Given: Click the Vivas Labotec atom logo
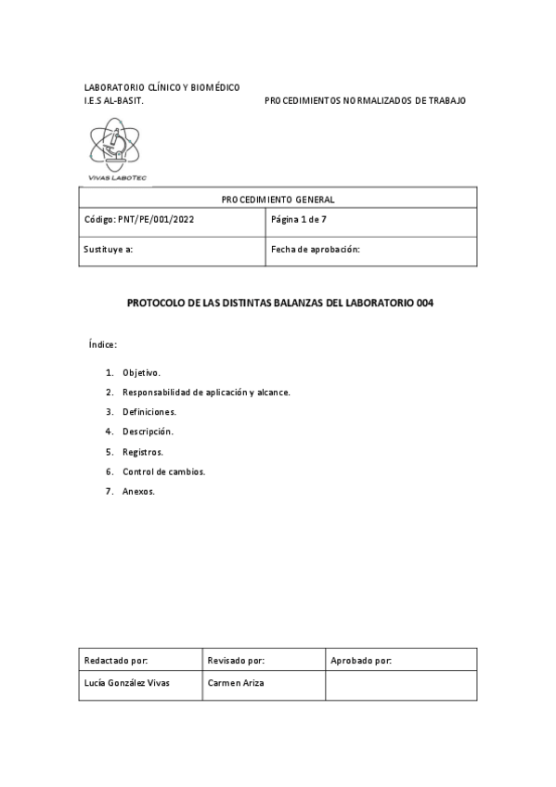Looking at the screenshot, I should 115,148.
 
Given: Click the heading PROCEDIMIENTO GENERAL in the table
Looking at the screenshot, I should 278,199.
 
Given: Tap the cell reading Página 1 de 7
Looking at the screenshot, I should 299,220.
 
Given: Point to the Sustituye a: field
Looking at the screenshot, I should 109,250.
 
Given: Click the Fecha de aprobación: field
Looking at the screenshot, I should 315,250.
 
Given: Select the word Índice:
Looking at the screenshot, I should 102,344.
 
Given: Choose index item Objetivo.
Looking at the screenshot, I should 141,372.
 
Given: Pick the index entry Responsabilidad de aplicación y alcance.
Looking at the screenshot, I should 206,392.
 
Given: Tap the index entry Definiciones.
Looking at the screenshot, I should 149,411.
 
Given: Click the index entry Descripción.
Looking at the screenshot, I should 148,432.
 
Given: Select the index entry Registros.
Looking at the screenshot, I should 143,452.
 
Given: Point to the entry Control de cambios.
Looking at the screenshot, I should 163,471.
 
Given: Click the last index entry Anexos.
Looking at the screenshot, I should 138,491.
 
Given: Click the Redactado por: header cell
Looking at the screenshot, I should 116,661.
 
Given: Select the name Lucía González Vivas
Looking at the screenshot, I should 127,683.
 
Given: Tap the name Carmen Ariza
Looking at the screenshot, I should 236,683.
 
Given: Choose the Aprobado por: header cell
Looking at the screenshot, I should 361,661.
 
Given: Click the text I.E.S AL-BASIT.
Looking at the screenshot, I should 113,99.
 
